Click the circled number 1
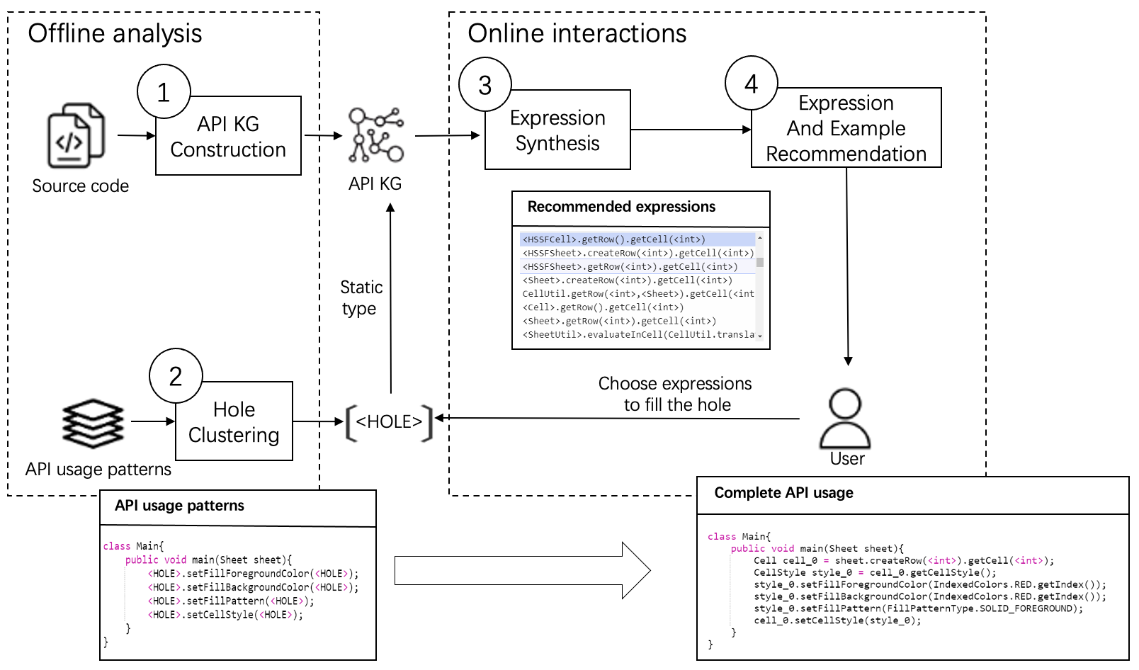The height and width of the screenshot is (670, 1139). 164,91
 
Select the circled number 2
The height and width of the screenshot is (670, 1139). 176,375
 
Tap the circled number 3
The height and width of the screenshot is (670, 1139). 485,85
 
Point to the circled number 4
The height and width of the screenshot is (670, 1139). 752,84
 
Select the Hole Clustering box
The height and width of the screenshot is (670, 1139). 234,422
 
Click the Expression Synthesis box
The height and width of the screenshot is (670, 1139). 557,131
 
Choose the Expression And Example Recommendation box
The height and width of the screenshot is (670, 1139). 846,128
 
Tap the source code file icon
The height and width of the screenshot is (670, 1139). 76,135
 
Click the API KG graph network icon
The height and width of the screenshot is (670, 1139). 375,135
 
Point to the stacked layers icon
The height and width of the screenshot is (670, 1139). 93,423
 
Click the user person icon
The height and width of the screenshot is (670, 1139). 845,419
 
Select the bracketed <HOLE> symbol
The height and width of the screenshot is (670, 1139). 389,422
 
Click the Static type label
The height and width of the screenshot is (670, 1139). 361,297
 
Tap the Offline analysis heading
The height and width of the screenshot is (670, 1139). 115,33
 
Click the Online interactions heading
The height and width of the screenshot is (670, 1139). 577,33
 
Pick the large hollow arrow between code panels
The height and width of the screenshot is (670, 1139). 522,570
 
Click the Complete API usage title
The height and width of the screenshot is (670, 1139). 783,493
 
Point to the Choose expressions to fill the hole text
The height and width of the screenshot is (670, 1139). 675,394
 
